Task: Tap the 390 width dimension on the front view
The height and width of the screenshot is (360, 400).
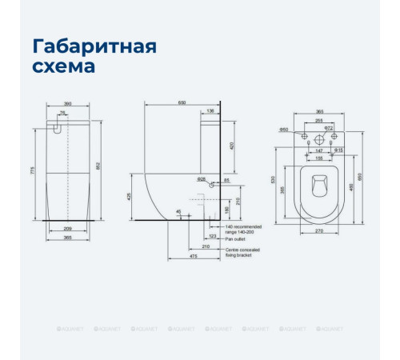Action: (x=70, y=104)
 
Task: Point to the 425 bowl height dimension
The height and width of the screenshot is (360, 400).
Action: (x=130, y=195)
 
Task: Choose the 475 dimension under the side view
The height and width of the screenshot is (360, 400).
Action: (x=194, y=257)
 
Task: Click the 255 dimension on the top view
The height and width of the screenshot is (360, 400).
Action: (x=319, y=121)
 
